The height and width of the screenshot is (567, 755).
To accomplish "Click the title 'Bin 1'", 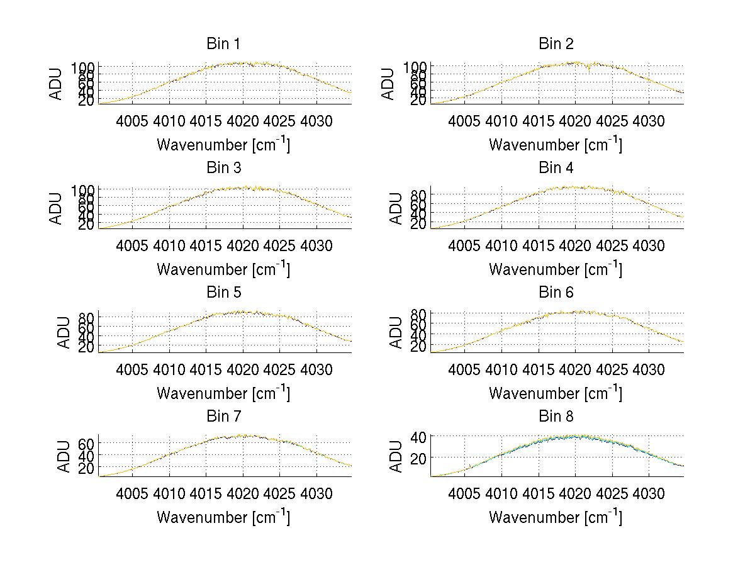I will (223, 44).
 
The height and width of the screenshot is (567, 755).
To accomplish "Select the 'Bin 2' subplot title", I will (556, 44).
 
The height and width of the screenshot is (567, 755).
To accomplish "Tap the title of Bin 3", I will (223, 168).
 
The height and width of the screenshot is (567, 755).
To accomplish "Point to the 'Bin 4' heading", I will (556, 168).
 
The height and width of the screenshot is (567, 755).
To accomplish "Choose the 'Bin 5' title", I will (223, 293).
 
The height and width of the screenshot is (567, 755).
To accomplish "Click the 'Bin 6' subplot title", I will (556, 293).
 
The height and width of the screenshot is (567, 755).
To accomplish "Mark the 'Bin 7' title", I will (223, 417).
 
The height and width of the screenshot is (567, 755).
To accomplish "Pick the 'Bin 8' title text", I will (556, 417).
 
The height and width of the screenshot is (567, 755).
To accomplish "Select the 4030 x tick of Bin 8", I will (648, 494).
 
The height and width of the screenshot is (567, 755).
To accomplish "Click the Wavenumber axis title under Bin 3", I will (223, 269).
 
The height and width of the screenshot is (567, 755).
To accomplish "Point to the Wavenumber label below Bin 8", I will (556, 517).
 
